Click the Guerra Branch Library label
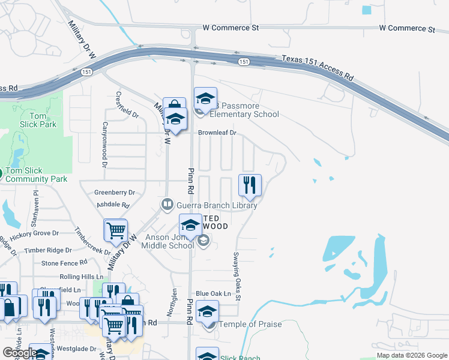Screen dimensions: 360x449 click(x=216, y=205)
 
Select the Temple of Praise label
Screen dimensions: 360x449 click(x=250, y=325)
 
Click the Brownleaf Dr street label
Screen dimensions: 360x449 click(x=217, y=133)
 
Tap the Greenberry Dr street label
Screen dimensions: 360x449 click(x=115, y=193)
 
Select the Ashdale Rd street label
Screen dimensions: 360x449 click(x=113, y=205)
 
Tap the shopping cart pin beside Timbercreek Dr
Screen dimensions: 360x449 click(x=115, y=230)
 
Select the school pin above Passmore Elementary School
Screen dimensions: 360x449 click(x=205, y=98)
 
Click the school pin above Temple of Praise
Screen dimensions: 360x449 click(x=208, y=311)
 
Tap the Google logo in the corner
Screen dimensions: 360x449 click(x=19, y=353)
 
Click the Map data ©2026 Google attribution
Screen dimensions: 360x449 click(x=412, y=355)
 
